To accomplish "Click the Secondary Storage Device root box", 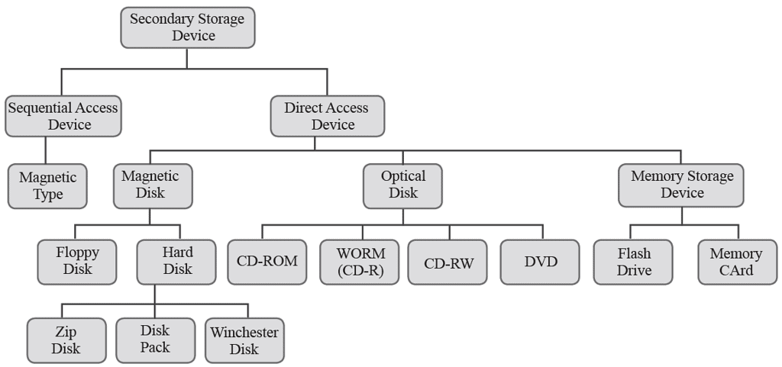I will [187, 27].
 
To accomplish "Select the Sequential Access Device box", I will [63, 116].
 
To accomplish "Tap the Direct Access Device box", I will [327, 116].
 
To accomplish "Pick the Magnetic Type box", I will [47, 185].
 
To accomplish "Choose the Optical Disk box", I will [403, 185].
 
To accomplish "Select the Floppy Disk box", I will [77, 261].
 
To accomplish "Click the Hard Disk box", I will [176, 261].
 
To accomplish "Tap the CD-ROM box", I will [267, 262].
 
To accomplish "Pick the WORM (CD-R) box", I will [360, 262].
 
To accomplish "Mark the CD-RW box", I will [448, 262].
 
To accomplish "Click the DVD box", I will [541, 262].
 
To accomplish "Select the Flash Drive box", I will [633, 262].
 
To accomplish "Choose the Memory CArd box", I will [736, 262].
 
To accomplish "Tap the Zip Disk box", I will [66, 340].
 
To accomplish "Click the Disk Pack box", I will [155, 339].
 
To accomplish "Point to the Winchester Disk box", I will [244, 340].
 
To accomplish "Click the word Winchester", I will [244, 333].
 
